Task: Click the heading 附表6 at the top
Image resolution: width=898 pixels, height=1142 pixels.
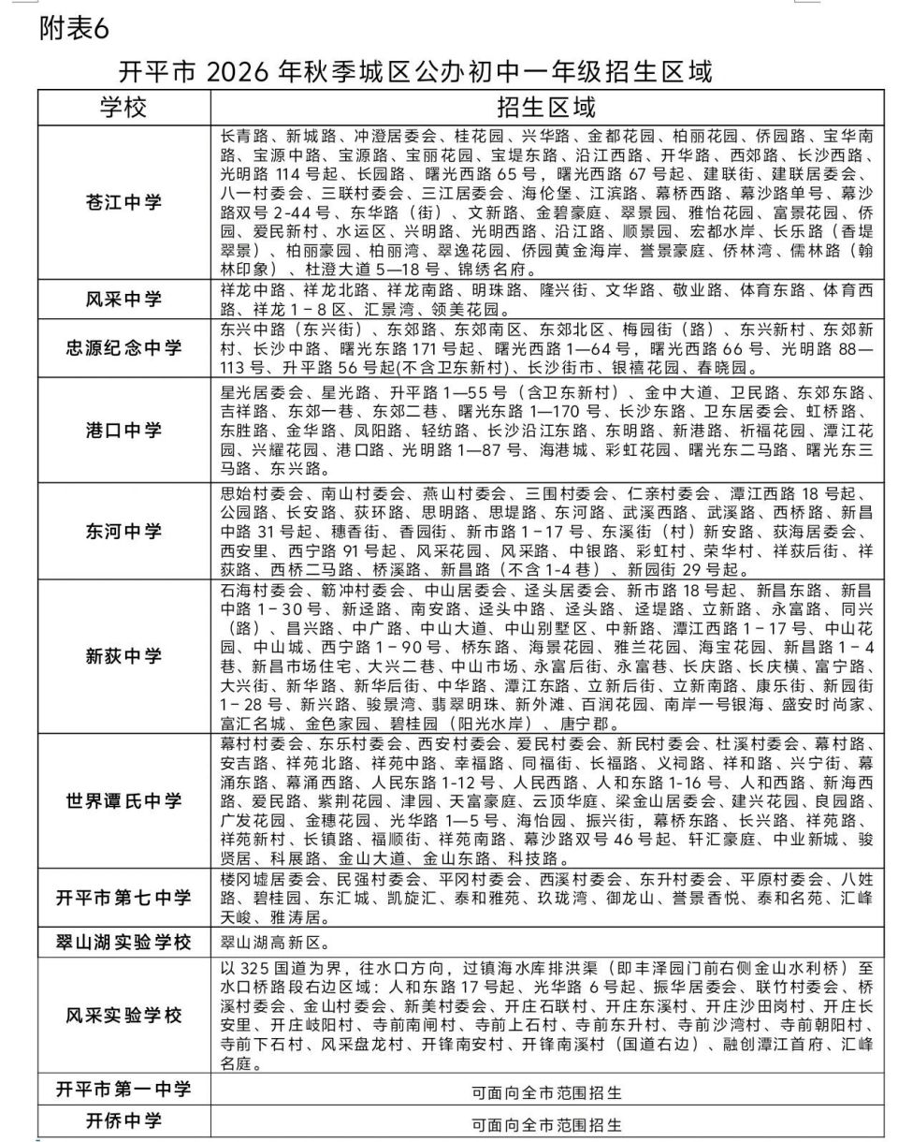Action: point(75,29)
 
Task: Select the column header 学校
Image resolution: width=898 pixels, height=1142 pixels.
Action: point(124,106)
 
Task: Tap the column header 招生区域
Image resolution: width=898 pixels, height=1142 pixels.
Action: point(546,106)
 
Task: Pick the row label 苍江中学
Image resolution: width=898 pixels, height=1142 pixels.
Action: point(124,201)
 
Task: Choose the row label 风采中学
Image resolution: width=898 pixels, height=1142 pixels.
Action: point(124,300)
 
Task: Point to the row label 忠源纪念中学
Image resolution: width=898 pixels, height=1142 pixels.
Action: point(124,348)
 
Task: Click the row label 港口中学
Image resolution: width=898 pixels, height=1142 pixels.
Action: point(124,431)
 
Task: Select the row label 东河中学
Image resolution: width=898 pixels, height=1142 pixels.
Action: point(124,532)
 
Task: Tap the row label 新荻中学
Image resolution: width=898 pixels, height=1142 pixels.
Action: point(124,656)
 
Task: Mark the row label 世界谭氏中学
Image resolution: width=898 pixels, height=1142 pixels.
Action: point(124,802)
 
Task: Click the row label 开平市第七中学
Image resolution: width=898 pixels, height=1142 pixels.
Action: point(124,897)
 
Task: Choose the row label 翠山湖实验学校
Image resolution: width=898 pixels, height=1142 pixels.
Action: point(124,942)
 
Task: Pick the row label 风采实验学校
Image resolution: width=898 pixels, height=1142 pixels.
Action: point(124,1016)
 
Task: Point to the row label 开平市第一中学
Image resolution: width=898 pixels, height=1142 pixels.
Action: point(124,1090)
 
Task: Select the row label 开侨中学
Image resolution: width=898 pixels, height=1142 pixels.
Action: point(124,1121)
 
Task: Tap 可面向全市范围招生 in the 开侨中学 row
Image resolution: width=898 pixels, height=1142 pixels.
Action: point(546,1124)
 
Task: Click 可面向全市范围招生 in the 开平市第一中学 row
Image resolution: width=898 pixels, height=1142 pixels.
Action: point(546,1092)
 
